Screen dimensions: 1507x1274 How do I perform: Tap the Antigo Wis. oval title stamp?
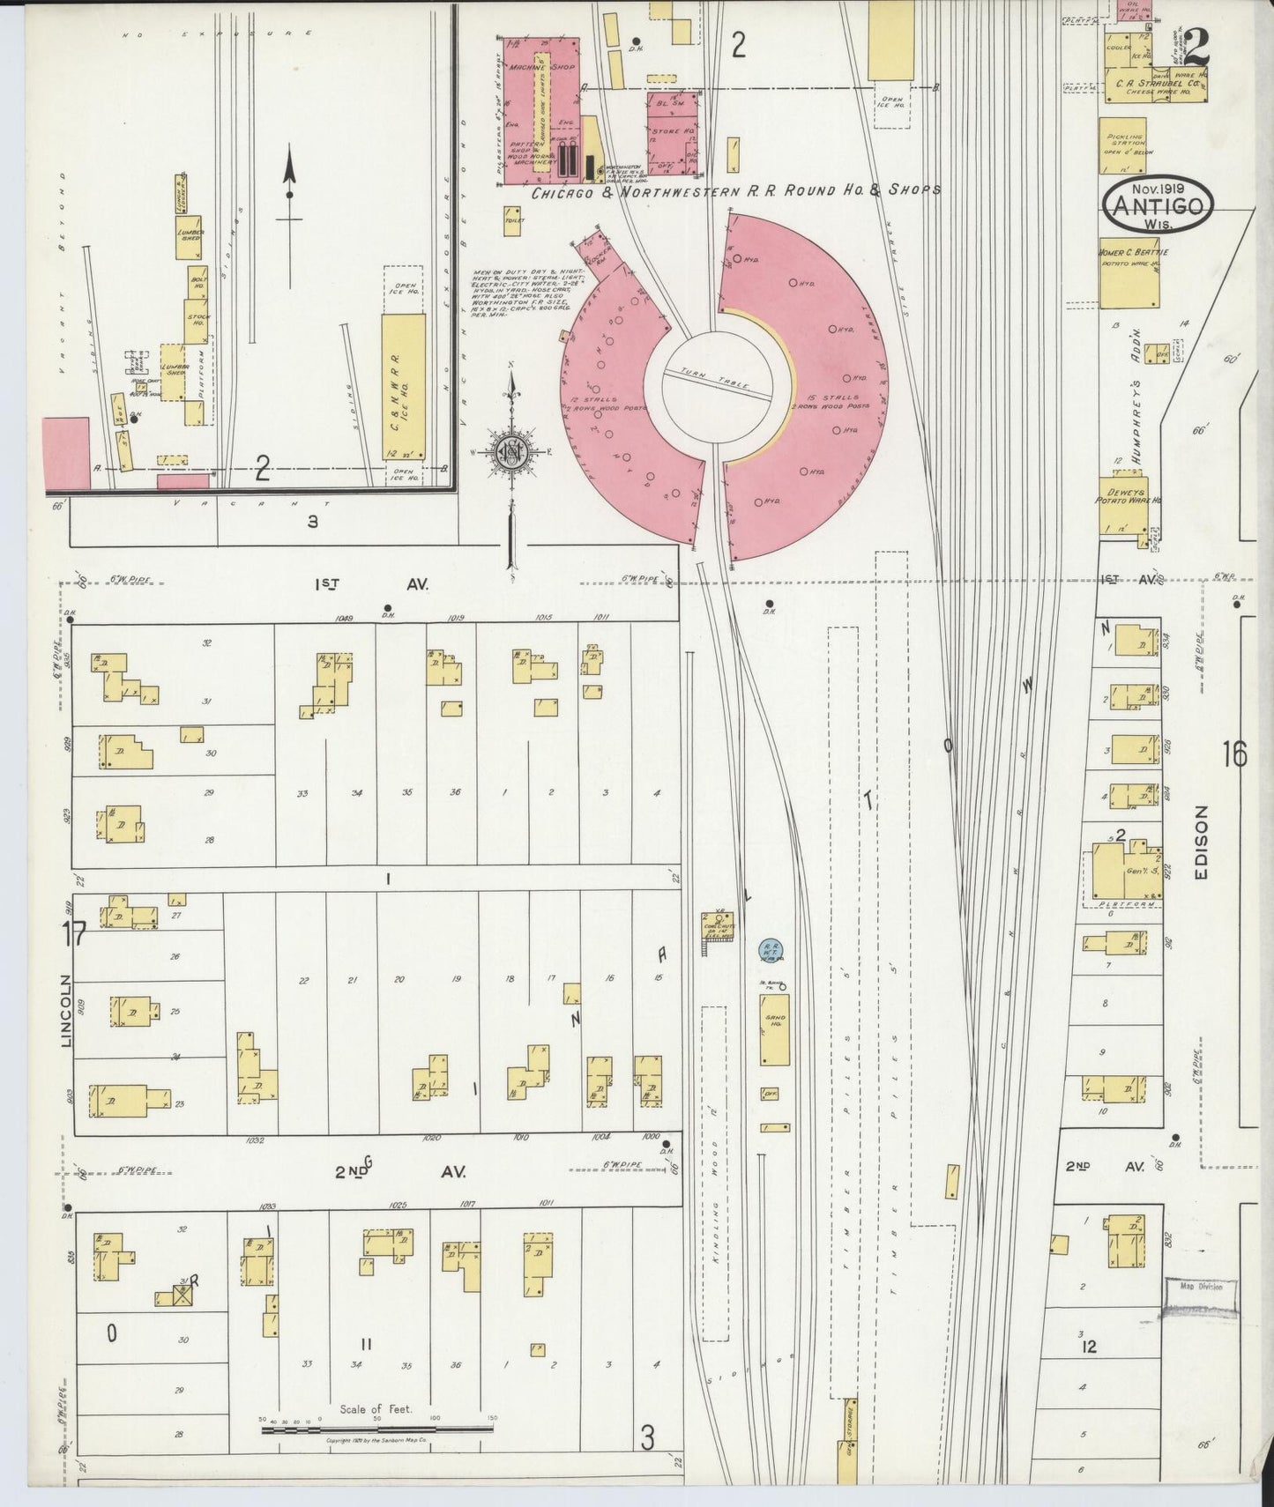(x=1158, y=205)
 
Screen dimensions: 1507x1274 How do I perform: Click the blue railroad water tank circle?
(x=769, y=949)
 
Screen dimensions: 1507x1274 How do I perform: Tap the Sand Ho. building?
(x=775, y=1029)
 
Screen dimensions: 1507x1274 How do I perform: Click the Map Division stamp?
(x=1201, y=1286)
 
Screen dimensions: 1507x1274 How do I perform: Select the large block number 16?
(x=1234, y=755)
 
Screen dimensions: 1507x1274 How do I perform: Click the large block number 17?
(x=72, y=933)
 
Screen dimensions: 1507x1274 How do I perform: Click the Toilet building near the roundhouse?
(x=512, y=221)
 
